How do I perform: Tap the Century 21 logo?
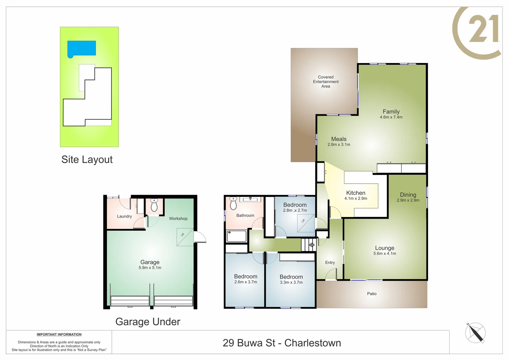(x=477, y=33)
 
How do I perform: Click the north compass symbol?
(x=475, y=333)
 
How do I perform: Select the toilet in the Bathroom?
(x=233, y=203)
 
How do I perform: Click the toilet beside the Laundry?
(x=154, y=205)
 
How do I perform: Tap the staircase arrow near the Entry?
(x=311, y=245)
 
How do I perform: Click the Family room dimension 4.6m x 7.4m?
(x=391, y=117)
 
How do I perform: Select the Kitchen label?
(x=356, y=193)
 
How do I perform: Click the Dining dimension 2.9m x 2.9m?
(x=408, y=200)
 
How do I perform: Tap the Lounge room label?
(x=385, y=248)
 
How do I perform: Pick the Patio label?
(x=372, y=294)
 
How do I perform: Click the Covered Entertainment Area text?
(x=326, y=82)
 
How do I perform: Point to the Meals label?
(x=339, y=139)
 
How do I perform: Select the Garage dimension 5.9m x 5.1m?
(x=150, y=268)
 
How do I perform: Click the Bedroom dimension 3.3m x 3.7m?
(x=291, y=282)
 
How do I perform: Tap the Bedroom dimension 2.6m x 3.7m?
(x=246, y=282)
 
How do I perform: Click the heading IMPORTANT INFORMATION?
(x=59, y=334)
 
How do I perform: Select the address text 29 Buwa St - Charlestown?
(x=282, y=343)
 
